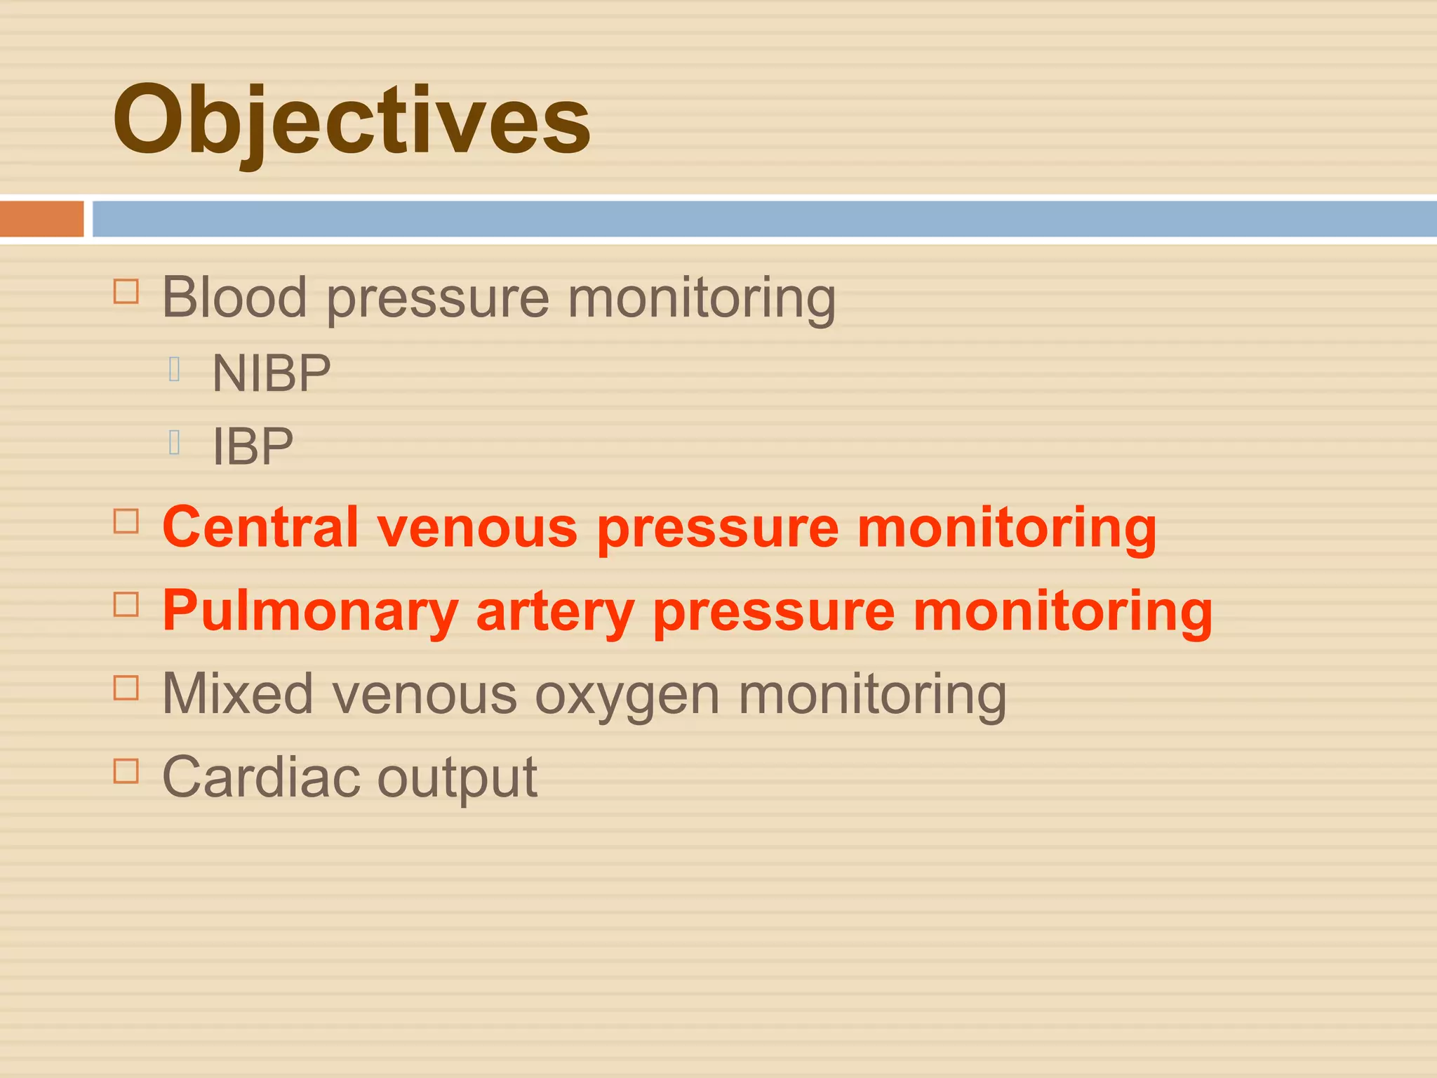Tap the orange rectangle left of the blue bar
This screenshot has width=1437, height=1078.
coord(41,219)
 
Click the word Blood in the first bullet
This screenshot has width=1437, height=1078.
coord(234,297)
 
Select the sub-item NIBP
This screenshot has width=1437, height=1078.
coord(272,373)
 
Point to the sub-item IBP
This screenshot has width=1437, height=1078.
coord(253,446)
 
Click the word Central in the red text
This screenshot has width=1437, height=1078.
coord(260,527)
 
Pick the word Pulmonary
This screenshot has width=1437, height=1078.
coord(310,611)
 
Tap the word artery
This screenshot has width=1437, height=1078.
coord(555,611)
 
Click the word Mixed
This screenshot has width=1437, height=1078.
coord(237,694)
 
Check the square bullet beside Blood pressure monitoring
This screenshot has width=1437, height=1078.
coord(126,291)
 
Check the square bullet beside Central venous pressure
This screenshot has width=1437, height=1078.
coord(126,521)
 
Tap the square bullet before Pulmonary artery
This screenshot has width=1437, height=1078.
coord(126,604)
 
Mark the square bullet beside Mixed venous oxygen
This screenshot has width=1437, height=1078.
coord(126,688)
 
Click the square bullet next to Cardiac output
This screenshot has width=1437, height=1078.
coord(126,771)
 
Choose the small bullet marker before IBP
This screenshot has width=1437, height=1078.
coord(175,442)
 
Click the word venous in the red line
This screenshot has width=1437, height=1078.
coord(477,527)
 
